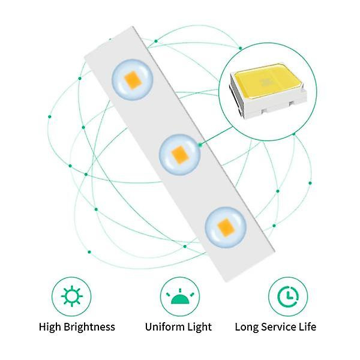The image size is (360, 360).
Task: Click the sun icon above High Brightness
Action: [x=72, y=296]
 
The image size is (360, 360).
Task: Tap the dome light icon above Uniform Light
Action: [x=180, y=296]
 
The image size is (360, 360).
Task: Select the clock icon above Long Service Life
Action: [x=288, y=296]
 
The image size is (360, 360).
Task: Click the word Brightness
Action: [x=89, y=327]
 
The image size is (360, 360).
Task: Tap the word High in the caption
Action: [x=50, y=327]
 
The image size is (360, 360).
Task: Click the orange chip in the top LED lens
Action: [x=133, y=80]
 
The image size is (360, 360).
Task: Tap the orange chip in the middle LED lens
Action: [x=180, y=155]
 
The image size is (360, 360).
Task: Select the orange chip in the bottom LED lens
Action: [x=226, y=228]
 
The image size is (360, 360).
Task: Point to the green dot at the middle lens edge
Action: [x=200, y=145]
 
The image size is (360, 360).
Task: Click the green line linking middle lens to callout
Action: [x=216, y=136]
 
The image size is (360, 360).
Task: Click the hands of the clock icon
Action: [x=289, y=295]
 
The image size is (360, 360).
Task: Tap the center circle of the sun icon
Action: [x=72, y=296]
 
